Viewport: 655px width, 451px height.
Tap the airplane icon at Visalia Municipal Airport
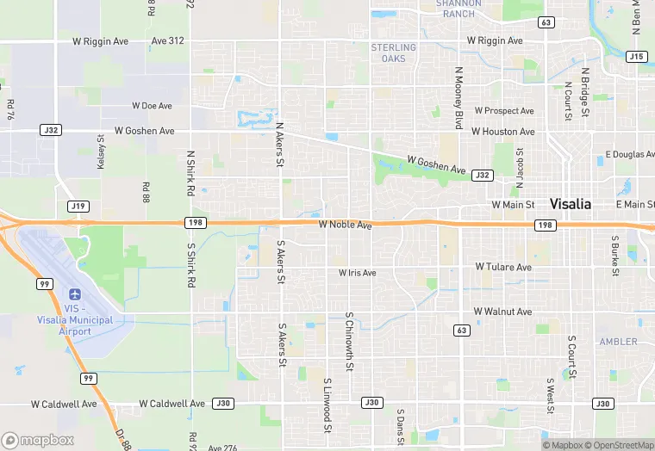pos(76,294)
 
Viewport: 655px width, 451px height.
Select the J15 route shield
pos(637,57)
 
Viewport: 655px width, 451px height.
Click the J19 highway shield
pos(78,206)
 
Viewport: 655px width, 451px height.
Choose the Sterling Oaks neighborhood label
pos(394,53)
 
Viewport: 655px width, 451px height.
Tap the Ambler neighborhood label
pos(618,342)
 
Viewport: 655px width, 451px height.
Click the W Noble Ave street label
pos(345,225)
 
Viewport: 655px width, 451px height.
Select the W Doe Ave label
pos(152,106)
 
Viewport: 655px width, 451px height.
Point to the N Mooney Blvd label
pos(458,90)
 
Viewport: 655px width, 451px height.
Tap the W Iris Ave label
pos(357,273)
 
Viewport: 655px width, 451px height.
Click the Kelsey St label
pos(101,151)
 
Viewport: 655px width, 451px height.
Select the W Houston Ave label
pos(502,132)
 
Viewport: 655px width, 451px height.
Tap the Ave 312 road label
pos(167,40)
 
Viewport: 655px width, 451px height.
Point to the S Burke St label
pos(615,256)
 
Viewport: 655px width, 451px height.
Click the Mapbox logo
pos(38,440)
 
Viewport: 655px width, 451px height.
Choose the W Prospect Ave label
pos(502,111)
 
